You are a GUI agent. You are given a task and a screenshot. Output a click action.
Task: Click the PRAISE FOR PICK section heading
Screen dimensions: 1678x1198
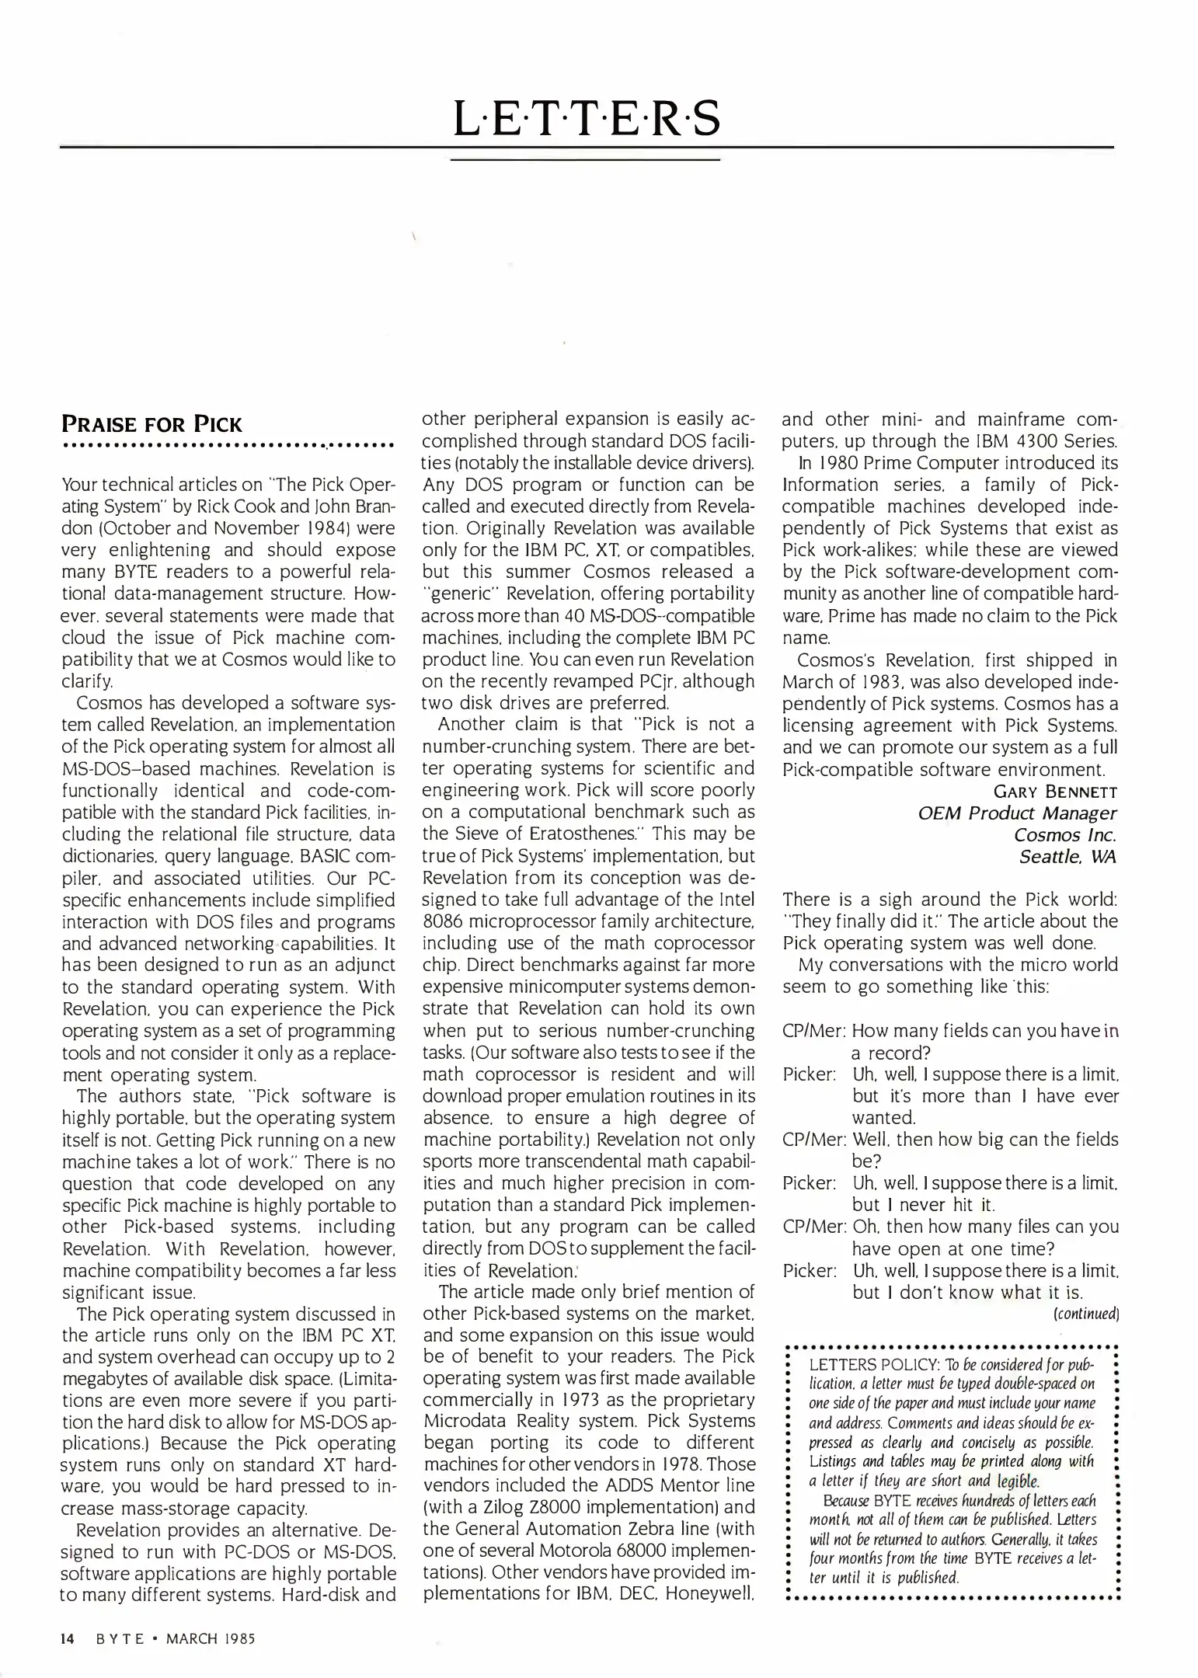pos(152,424)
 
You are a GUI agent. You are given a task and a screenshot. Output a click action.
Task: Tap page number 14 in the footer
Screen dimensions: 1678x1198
pos(68,1638)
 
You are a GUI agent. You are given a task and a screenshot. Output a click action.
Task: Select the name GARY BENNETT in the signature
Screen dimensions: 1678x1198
pos(1055,792)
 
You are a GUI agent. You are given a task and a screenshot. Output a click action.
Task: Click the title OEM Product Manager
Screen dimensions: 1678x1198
pos(1017,813)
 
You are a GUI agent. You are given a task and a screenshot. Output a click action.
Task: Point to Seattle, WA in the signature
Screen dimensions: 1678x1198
pos(1067,857)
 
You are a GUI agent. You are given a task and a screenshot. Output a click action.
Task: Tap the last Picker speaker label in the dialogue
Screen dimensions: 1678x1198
pos(809,1270)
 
